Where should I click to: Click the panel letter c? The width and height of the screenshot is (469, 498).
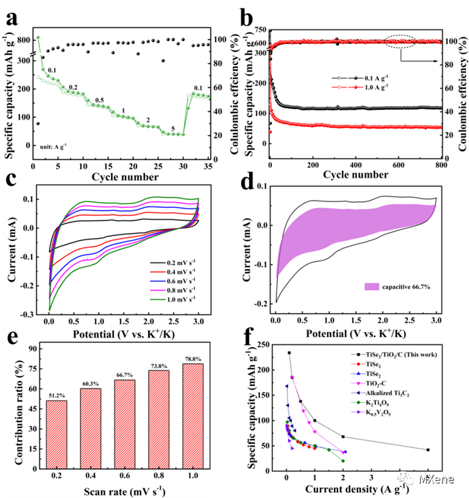pyautogui.click(x=11, y=180)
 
